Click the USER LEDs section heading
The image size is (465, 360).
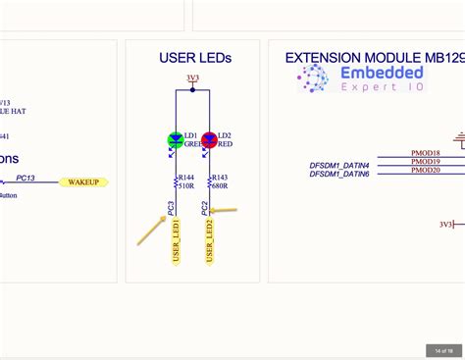pos(195,58)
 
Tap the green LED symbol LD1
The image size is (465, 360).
pos(177,140)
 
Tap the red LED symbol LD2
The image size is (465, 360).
pos(209,140)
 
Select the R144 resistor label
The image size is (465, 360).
pos(185,178)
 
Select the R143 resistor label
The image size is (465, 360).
pos(219,178)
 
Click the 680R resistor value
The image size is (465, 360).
pos(219,185)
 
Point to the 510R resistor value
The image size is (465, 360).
pos(185,185)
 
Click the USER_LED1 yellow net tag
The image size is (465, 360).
pos(177,241)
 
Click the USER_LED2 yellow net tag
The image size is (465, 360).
pos(209,241)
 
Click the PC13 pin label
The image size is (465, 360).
pos(26,179)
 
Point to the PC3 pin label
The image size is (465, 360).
pos(172,207)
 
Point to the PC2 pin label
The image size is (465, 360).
pos(204,207)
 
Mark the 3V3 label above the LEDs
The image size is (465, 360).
pos(192,77)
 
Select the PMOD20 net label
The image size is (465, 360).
pos(425,170)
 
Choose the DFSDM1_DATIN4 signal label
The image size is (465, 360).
pos(339,164)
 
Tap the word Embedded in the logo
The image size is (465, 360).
pos(383,73)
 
